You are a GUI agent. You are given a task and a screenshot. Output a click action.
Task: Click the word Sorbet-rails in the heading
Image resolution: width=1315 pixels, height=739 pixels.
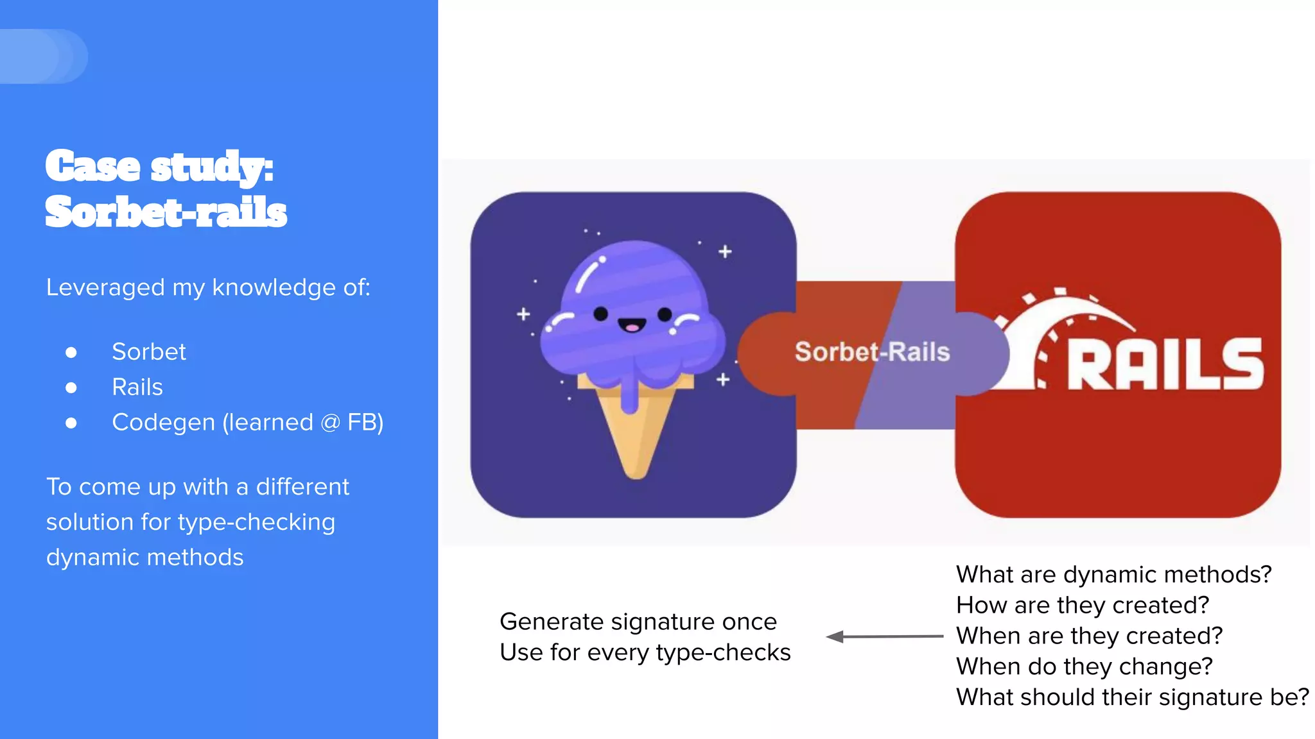166,212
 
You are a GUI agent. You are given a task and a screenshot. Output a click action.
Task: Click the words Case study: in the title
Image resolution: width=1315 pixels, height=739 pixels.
159,167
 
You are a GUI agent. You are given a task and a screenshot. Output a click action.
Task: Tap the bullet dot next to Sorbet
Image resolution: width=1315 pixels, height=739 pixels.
71,352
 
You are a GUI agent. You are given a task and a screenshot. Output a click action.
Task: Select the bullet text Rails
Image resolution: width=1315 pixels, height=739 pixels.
137,387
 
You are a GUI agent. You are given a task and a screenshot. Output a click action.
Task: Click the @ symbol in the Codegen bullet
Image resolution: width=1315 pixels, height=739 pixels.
330,423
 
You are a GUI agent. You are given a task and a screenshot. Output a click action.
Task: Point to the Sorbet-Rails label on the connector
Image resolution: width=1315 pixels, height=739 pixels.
872,352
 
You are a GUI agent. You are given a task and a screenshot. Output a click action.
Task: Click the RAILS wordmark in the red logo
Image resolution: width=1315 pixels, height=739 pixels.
1165,364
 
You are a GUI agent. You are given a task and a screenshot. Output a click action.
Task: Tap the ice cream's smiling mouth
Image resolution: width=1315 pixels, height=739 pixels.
632,326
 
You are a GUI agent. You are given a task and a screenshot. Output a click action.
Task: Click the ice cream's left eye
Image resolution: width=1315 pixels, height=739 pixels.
601,314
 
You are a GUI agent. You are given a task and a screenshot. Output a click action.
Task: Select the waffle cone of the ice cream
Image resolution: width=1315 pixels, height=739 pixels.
636,436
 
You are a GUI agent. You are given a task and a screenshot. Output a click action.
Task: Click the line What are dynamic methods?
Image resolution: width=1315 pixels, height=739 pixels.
1113,574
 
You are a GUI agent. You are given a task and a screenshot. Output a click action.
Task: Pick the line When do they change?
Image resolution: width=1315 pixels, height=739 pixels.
1084,667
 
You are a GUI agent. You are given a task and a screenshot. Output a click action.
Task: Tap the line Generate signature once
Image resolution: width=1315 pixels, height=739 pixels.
638,622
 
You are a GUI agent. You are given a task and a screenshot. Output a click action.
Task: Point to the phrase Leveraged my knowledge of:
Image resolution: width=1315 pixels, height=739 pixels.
208,287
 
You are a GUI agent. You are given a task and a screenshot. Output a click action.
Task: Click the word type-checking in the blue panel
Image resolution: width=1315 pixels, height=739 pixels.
257,522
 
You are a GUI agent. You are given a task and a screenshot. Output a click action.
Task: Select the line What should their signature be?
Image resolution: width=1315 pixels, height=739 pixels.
1132,697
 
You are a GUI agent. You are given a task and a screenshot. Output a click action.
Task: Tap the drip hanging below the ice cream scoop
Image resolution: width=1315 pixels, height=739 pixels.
630,395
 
